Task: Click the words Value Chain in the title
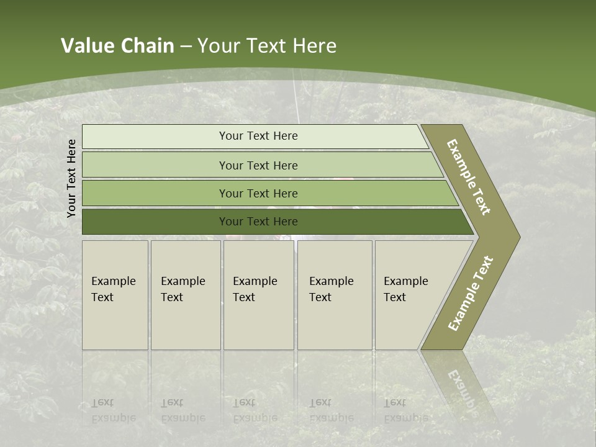point(117,46)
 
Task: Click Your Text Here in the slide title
point(267,46)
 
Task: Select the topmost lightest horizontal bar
point(155,137)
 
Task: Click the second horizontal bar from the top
point(155,165)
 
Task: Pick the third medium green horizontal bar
point(155,193)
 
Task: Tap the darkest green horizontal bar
point(155,222)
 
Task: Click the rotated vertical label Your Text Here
point(71,178)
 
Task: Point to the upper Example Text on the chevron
point(469,177)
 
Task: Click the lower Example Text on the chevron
point(470,294)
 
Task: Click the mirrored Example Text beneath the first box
point(113,410)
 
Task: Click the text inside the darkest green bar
point(258,222)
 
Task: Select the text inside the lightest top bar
point(258,136)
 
